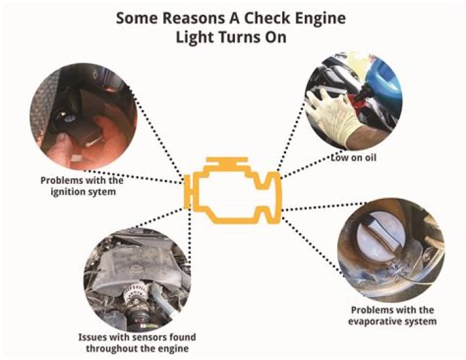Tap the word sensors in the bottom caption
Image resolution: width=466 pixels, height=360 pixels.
tap(139, 337)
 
